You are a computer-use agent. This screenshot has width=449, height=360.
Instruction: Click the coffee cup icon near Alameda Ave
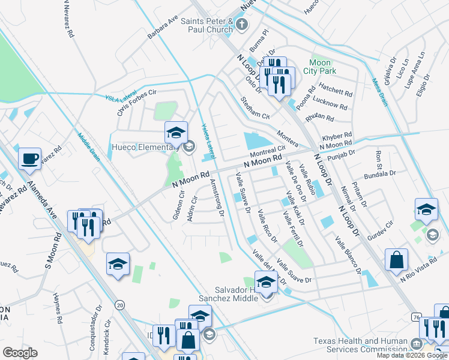pos(29,159)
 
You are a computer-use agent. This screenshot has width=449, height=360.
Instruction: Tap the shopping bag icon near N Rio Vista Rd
pos(396,260)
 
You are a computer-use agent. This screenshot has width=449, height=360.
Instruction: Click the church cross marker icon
pos(241,25)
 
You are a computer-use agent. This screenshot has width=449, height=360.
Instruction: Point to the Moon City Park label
pos(323,67)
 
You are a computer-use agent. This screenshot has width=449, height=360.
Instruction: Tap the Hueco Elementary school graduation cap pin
pos(176,133)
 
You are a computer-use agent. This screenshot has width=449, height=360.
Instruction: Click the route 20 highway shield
pos(120,305)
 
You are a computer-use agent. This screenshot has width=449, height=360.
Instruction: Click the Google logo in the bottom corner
pos(20,352)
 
